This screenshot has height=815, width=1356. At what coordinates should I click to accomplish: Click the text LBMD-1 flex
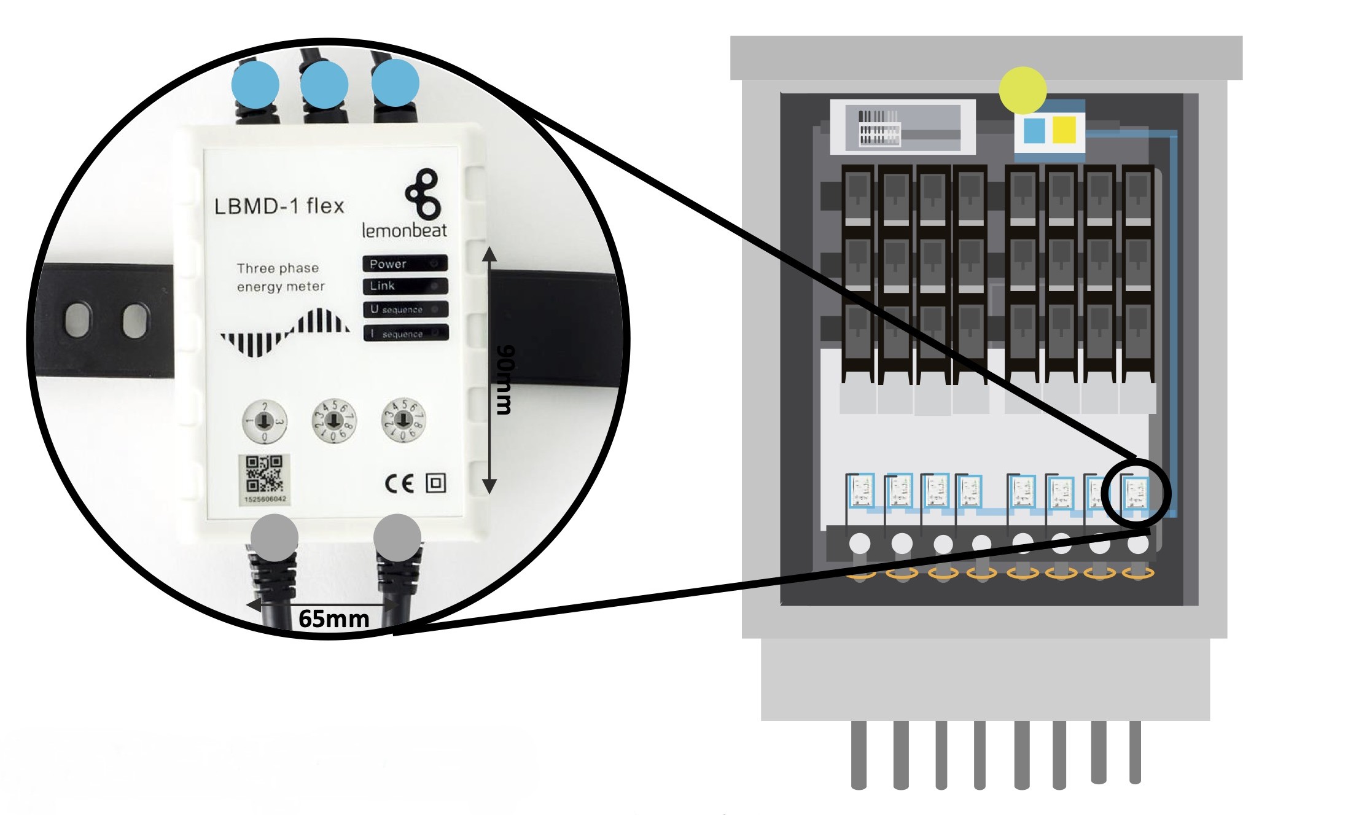pyautogui.click(x=279, y=206)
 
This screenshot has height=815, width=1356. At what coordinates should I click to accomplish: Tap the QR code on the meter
pyautogui.click(x=264, y=474)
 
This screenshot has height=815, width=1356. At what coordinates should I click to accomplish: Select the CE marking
pyautogui.click(x=399, y=484)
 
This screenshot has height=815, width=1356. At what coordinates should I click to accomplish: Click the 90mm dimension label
pyautogui.click(x=505, y=380)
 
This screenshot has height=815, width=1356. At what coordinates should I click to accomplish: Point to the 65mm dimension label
pyautogui.click(x=333, y=618)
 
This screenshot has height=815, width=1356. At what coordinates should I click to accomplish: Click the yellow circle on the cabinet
pyautogui.click(x=1023, y=90)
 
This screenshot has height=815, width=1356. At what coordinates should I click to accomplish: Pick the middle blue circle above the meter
pyautogui.click(x=324, y=84)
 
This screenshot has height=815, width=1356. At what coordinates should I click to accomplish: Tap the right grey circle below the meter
pyautogui.click(x=397, y=537)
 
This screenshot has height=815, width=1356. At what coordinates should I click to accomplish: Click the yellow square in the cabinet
pyautogui.click(x=1064, y=130)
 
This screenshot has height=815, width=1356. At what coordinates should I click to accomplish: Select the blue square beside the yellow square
pyautogui.click(x=1034, y=130)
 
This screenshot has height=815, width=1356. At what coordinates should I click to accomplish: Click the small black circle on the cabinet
pyautogui.click(x=1136, y=493)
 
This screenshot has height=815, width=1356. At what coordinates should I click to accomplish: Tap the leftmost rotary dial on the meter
pyautogui.click(x=264, y=421)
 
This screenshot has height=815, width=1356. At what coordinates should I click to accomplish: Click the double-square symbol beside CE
pyautogui.click(x=436, y=483)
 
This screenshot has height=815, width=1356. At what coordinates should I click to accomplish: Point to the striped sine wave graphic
pyautogui.click(x=285, y=332)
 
